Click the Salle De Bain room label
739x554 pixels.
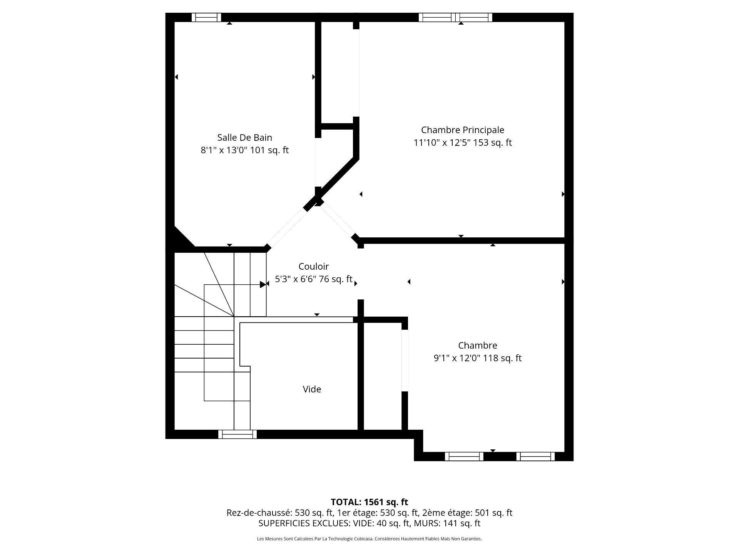click(x=244, y=138)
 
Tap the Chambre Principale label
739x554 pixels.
click(x=462, y=130)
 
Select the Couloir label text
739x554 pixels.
click(x=313, y=267)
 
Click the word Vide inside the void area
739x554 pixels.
click(x=312, y=389)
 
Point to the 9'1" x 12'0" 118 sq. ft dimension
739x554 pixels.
click(x=477, y=358)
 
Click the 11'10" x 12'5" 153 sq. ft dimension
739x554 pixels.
click(x=462, y=143)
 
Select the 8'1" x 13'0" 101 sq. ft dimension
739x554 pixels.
click(x=244, y=150)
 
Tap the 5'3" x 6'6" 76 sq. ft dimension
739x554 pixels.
click(x=313, y=279)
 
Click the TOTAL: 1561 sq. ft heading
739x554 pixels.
click(x=369, y=502)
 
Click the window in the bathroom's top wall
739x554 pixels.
click(x=206, y=17)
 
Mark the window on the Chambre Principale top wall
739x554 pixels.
click(x=455, y=17)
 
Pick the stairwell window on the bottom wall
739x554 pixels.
click(x=237, y=434)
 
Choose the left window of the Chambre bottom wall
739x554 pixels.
click(x=464, y=456)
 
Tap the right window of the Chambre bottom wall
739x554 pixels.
click(x=535, y=456)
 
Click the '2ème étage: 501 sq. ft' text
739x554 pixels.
click(x=467, y=513)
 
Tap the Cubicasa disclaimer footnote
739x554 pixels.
click(x=369, y=539)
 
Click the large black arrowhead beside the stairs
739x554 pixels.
click(x=262, y=285)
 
